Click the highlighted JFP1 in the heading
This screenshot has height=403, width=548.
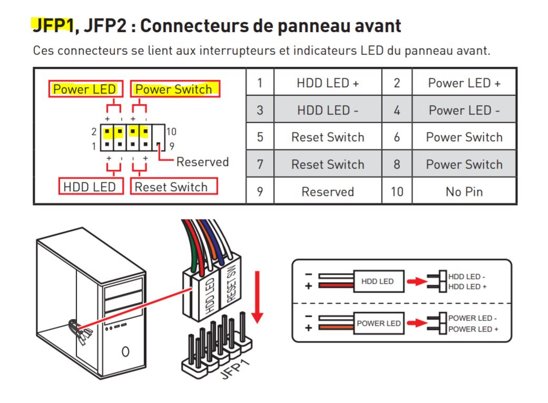pyautogui.click(x=54, y=25)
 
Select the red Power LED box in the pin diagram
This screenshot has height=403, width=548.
pyautogui.click(x=86, y=89)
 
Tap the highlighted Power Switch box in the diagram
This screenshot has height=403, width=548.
pyautogui.click(x=175, y=89)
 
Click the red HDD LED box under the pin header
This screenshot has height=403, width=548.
pyautogui.click(x=91, y=187)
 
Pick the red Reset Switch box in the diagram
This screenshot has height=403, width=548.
pyautogui.click(x=174, y=187)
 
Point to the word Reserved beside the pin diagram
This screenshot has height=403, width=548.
pyautogui.click(x=203, y=162)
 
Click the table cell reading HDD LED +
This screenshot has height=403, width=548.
pyautogui.click(x=328, y=82)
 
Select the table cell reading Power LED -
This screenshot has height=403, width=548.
pyautogui.click(x=464, y=110)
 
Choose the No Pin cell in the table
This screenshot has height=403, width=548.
pyautogui.click(x=464, y=192)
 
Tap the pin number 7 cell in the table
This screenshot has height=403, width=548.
pyautogui.click(x=260, y=164)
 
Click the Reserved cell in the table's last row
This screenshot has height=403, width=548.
pyautogui.click(x=328, y=192)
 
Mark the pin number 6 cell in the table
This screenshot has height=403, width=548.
pyautogui.click(x=397, y=137)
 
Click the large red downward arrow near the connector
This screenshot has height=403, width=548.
pyautogui.click(x=257, y=297)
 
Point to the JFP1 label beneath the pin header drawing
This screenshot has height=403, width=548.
pyautogui.click(x=235, y=369)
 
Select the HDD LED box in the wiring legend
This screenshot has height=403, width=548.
pyautogui.click(x=378, y=281)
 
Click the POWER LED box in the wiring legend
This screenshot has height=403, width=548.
pyautogui.click(x=378, y=324)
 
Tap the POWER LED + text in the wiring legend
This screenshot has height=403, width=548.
pyautogui.click(x=473, y=329)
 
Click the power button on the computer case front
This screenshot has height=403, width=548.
pyautogui.click(x=125, y=351)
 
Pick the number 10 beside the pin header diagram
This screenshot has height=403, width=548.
pyautogui.click(x=171, y=131)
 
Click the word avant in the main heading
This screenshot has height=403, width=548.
pyautogui.click(x=378, y=26)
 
